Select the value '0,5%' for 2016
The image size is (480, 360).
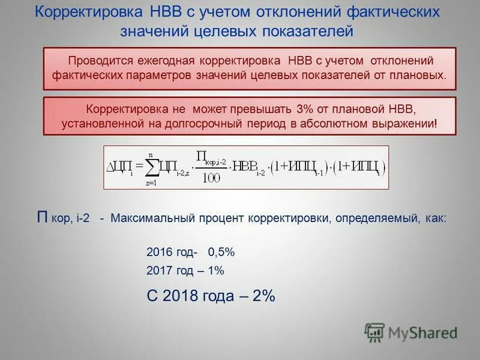pyautogui.click(x=221, y=252)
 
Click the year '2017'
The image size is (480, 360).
pyautogui.click(x=160, y=271)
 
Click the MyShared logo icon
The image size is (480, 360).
pyautogui.click(x=374, y=332)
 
